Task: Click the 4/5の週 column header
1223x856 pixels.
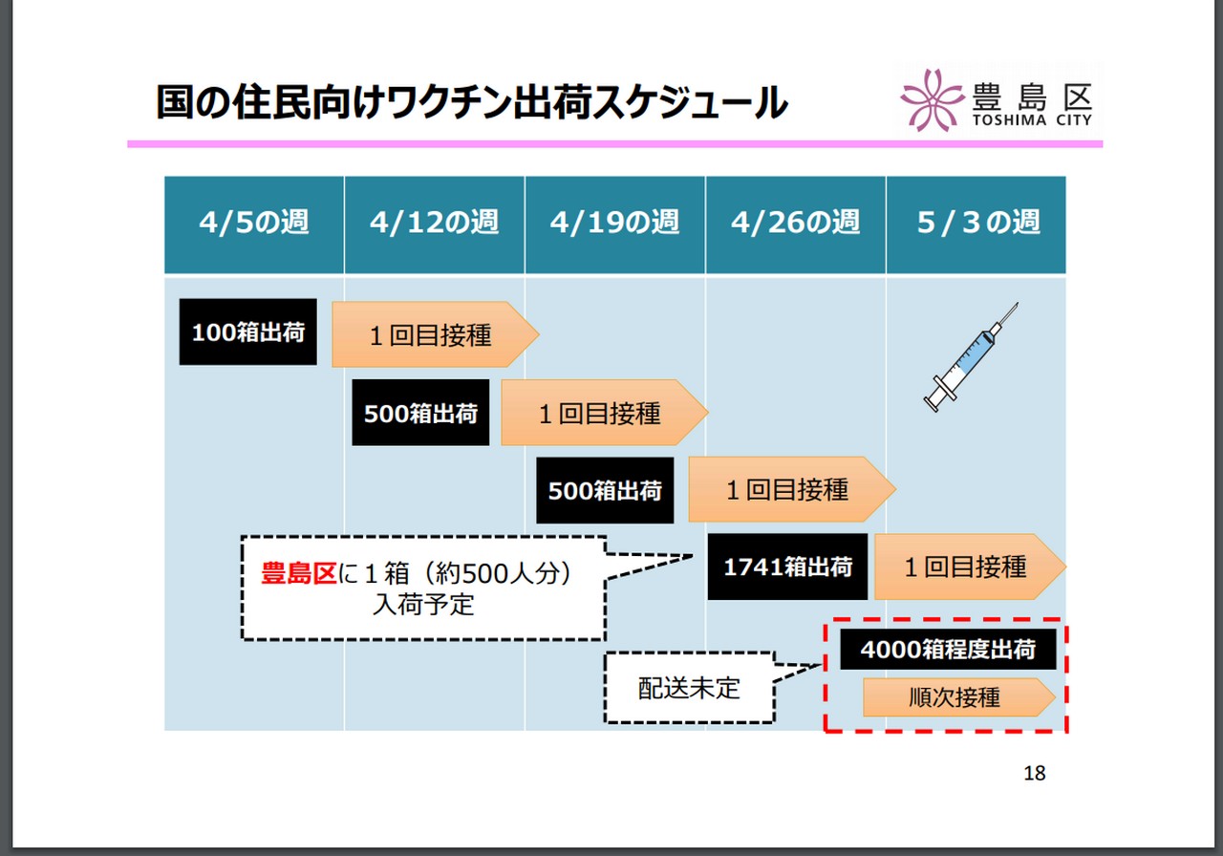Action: click(254, 224)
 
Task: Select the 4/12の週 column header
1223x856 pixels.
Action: click(434, 224)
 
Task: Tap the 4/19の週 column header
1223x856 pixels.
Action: click(614, 224)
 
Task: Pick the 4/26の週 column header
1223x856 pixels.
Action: click(795, 224)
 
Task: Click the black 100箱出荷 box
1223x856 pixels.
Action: click(248, 332)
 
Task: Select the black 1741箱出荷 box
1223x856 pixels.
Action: click(787, 567)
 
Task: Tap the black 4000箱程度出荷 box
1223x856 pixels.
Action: click(948, 650)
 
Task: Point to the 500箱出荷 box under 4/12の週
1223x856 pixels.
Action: click(420, 413)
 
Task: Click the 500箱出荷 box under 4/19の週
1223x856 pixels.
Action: click(605, 490)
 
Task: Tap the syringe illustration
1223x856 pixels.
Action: click(971, 356)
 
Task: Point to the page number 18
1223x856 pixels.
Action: click(1034, 773)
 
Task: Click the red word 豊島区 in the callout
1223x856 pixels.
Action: click(299, 573)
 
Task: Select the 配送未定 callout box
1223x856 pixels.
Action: click(688, 688)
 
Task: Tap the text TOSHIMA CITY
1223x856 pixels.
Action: click(1032, 120)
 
